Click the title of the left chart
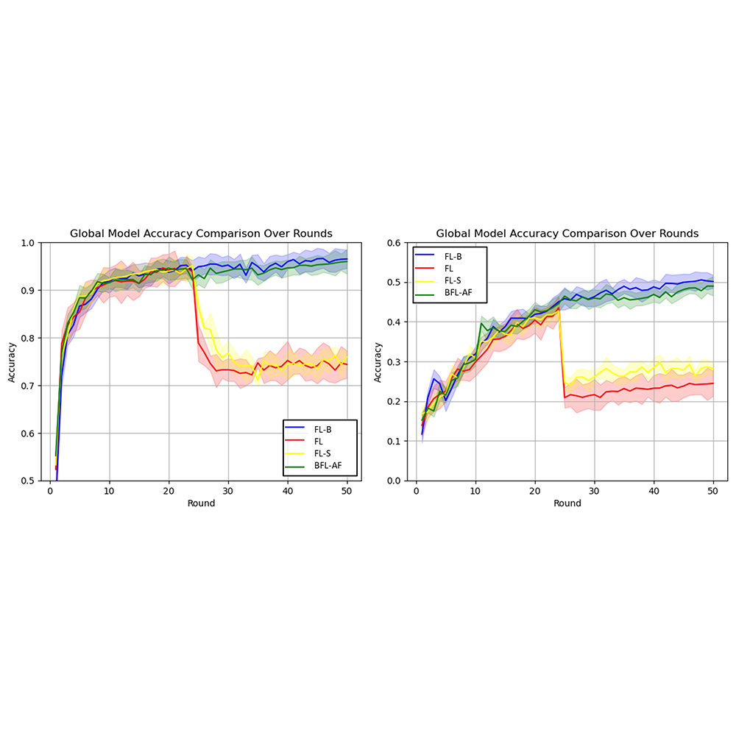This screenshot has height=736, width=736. (x=201, y=233)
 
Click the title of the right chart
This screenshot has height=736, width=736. (x=567, y=233)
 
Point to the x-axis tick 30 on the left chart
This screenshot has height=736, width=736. (x=228, y=491)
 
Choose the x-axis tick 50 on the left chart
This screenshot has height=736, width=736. (x=347, y=491)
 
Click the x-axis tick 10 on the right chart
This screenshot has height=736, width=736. (x=475, y=491)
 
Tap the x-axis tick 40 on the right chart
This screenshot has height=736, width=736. (x=654, y=491)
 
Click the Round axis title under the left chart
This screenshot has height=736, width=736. (x=201, y=503)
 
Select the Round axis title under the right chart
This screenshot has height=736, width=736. (x=567, y=503)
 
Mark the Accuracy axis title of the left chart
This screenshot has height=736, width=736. (x=12, y=361)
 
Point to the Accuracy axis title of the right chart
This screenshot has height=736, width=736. (x=378, y=361)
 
